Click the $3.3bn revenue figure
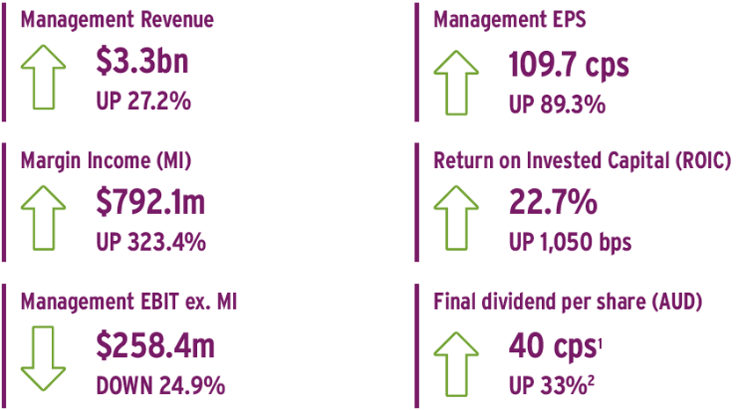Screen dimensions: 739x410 (x=142, y=62)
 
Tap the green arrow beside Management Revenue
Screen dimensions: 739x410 (x=43, y=77)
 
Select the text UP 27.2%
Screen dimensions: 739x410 (x=143, y=101)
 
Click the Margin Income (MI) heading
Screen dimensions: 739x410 (x=106, y=160)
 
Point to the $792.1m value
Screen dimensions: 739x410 (x=150, y=201)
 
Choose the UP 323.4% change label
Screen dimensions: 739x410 (x=150, y=242)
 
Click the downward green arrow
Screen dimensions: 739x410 (x=43, y=359)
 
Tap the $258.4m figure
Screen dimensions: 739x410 (x=155, y=345)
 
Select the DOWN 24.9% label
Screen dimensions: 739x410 (x=160, y=385)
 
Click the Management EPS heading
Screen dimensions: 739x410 (x=509, y=19)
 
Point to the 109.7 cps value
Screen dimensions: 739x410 (x=568, y=64)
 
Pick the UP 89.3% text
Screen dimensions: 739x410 (x=557, y=104)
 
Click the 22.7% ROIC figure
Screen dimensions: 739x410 (x=552, y=201)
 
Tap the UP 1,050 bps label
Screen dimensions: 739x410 (x=570, y=242)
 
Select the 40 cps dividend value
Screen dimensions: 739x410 (x=552, y=347)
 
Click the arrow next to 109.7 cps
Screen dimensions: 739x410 (x=457, y=83)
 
